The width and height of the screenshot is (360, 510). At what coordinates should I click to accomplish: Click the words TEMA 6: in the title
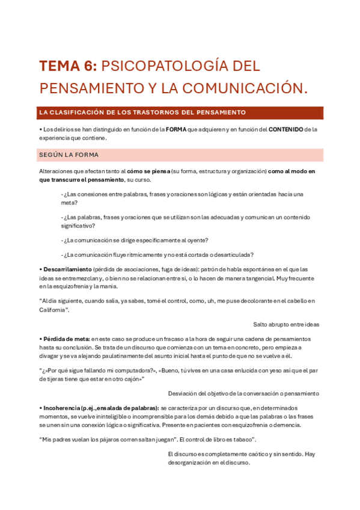tap(67, 66)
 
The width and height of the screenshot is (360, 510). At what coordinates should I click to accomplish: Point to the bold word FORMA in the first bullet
tap(176, 129)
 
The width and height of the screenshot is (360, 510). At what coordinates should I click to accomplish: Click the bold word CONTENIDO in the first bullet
tap(285, 129)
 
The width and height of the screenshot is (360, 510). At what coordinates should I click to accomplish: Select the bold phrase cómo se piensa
tap(148, 171)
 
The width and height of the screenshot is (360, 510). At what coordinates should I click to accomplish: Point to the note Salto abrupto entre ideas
tap(286, 324)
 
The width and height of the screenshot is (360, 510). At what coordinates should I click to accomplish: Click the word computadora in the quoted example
tap(129, 371)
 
